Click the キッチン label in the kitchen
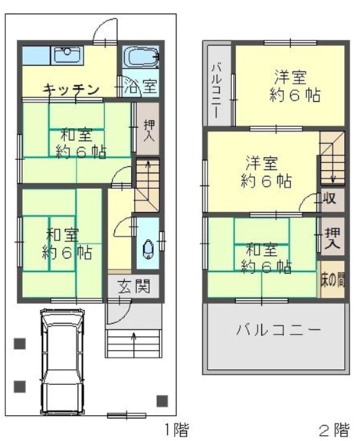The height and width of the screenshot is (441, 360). (x=71, y=90)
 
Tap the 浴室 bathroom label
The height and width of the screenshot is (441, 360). (x=140, y=86)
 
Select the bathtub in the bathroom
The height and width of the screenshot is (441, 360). (x=141, y=57)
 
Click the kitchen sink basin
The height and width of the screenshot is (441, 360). (x=67, y=56)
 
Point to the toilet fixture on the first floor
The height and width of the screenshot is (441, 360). (x=148, y=249)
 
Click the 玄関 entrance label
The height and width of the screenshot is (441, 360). (x=134, y=286)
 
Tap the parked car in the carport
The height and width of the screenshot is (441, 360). (x=62, y=361)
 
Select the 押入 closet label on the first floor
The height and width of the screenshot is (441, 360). (x=149, y=130)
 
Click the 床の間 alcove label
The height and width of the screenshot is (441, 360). (x=332, y=279)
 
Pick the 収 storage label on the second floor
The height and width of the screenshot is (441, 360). (x=330, y=198)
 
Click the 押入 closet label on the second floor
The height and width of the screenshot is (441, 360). (x=332, y=238)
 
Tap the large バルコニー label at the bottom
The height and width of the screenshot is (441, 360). (x=278, y=330)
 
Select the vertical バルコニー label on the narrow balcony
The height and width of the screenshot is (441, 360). (x=217, y=91)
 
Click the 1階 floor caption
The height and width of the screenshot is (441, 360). (x=176, y=430)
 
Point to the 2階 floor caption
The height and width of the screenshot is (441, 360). (x=335, y=430)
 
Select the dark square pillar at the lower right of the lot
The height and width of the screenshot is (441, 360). (x=162, y=400)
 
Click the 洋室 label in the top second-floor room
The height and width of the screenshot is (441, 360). (x=290, y=77)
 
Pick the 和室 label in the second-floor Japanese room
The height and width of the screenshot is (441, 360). (x=262, y=250)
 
